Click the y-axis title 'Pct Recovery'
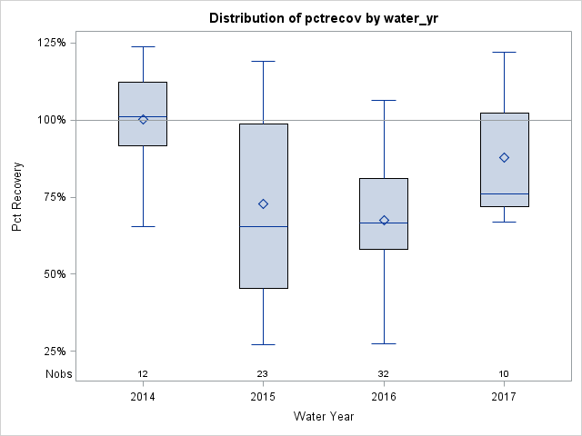pos(17,197)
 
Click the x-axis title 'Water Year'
pos(324,417)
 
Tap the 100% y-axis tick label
pos(50,120)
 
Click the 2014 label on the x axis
pos(143,397)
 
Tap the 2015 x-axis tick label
pos(263,397)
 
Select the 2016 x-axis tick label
pos(384,397)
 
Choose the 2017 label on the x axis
pos(504,397)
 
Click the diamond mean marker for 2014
pos(143,119)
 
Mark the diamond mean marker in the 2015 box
pos(263,203)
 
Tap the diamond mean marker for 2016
pos(384,220)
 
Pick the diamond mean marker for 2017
pos(504,157)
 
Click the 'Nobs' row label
pos(58,374)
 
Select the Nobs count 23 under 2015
pos(263,374)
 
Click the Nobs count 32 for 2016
pos(384,374)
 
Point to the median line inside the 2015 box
pos(263,226)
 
